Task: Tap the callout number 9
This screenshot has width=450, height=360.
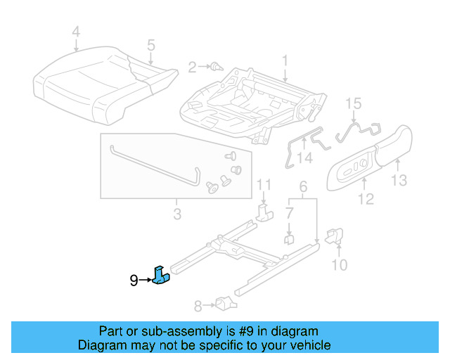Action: point(134,281)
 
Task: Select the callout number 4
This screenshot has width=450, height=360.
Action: point(76,32)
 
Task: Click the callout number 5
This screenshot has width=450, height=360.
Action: point(150,46)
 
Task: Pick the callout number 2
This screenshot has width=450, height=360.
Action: point(192,67)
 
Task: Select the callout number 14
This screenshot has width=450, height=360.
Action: point(304,159)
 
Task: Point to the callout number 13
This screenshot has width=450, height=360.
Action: point(399,181)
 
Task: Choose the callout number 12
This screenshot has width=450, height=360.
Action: point(365,200)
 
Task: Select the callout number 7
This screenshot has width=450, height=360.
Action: point(289,212)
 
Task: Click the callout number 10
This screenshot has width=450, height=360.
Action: point(339,264)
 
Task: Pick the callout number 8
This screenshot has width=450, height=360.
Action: point(198,306)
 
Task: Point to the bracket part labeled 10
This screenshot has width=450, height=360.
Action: point(335,236)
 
